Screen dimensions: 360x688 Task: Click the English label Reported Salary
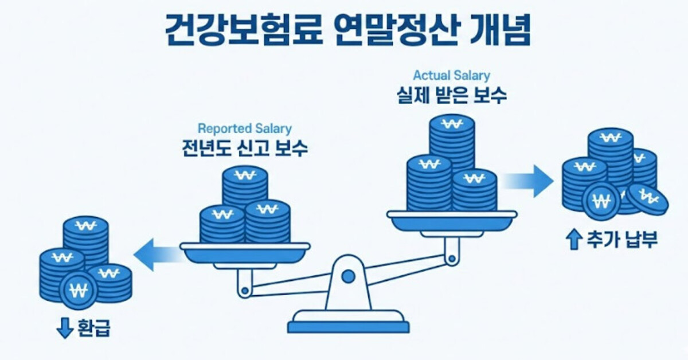click(x=244, y=128)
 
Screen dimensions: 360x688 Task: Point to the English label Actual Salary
click(x=452, y=75)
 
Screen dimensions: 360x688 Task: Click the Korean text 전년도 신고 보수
click(x=244, y=148)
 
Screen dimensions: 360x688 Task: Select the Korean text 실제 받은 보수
click(x=452, y=95)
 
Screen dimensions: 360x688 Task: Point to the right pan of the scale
click(x=452, y=218)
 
